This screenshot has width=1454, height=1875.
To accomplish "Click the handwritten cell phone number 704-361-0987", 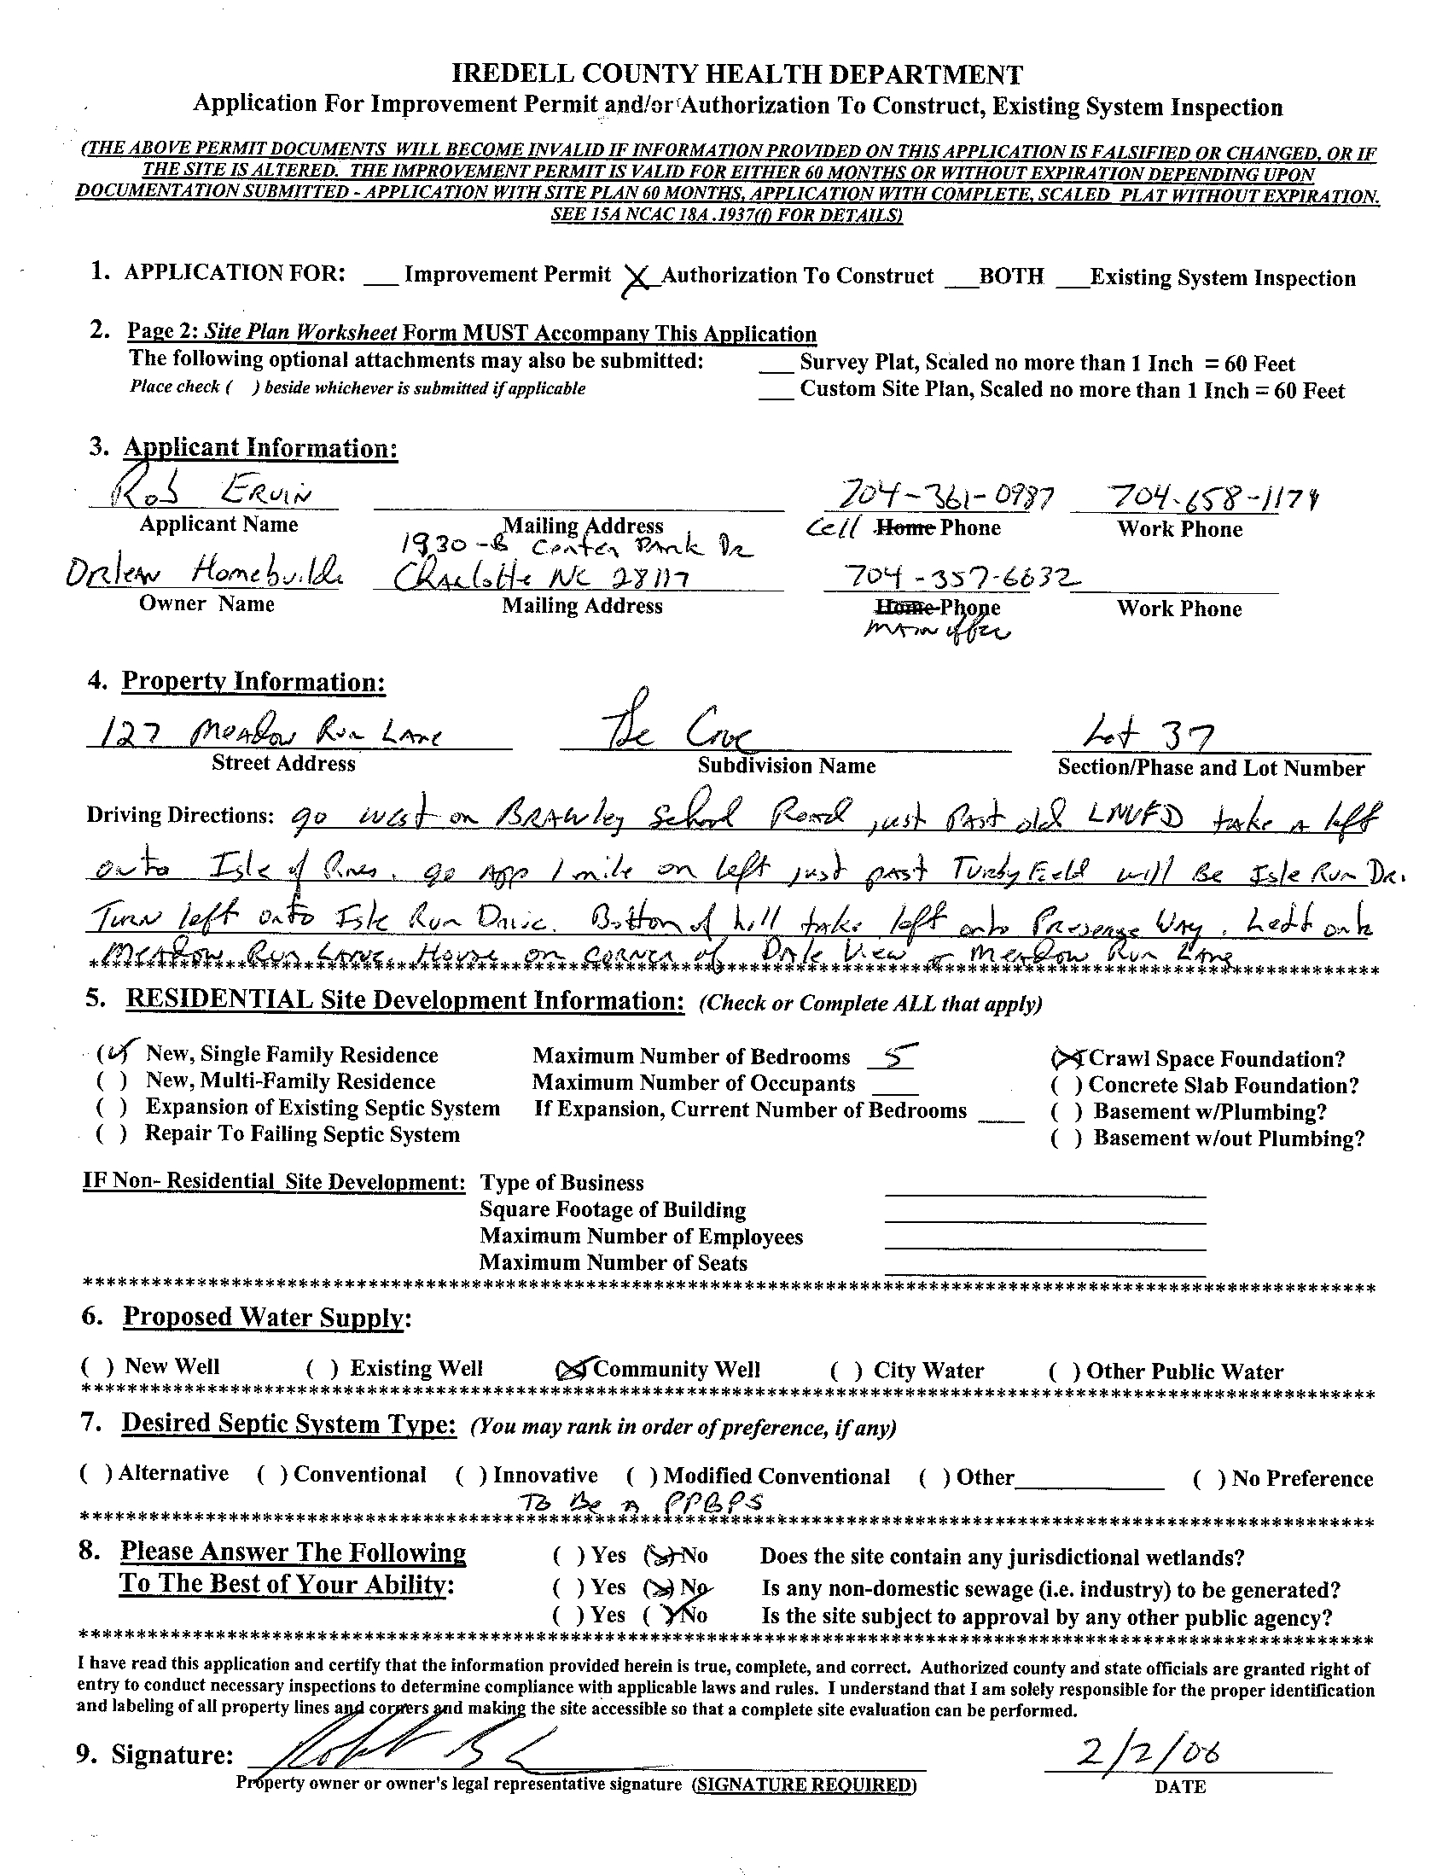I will [938, 496].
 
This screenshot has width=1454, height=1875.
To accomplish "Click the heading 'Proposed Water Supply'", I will [263, 1317].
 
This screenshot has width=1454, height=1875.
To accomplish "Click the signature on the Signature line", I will [412, 1749].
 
